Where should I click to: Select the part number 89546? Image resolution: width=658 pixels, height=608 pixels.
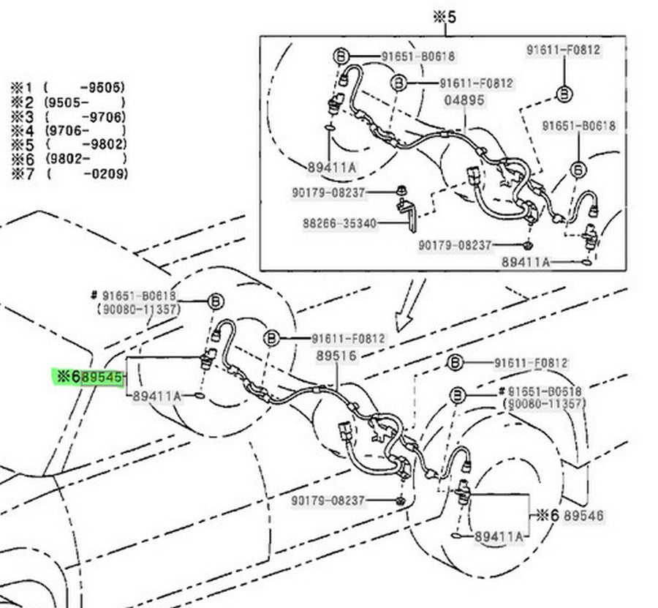pyautogui.click(x=583, y=516)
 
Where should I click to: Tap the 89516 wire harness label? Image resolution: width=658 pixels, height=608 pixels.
pyautogui.click(x=336, y=356)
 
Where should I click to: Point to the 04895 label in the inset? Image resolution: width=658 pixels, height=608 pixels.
pyautogui.click(x=464, y=100)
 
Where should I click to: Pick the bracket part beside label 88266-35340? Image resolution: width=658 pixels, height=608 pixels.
pyautogui.click(x=406, y=216)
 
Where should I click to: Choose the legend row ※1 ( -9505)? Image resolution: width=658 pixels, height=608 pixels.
pyautogui.click(x=67, y=88)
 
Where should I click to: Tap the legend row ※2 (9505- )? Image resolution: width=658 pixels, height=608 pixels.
pyautogui.click(x=67, y=102)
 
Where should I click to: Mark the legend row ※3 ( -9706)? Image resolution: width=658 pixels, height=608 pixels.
pyautogui.click(x=67, y=116)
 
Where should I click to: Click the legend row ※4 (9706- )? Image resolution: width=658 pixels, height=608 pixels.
pyautogui.click(x=67, y=131)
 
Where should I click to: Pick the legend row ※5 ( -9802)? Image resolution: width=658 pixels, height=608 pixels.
pyautogui.click(x=67, y=145)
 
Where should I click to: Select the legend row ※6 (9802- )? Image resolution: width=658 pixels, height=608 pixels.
pyautogui.click(x=67, y=159)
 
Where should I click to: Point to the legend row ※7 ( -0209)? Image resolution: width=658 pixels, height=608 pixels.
pyautogui.click(x=67, y=173)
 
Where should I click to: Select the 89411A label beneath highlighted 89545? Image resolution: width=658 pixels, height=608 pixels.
pyautogui.click(x=157, y=396)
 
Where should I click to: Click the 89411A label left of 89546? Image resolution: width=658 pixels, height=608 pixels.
pyautogui.click(x=499, y=537)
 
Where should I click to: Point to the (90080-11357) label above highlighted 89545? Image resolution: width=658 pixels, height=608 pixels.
pyautogui.click(x=138, y=309)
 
